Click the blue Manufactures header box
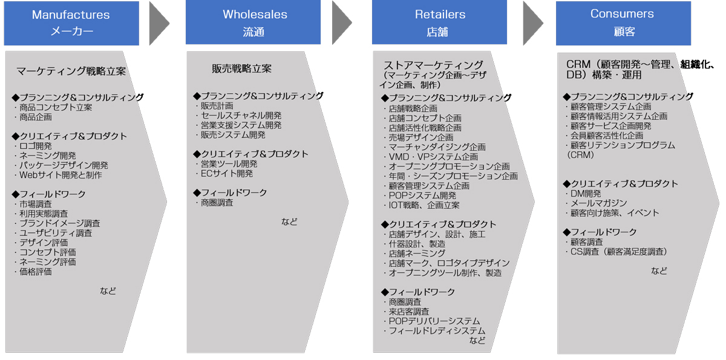[x=71, y=22]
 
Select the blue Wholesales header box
[x=253, y=22]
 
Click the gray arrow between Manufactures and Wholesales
[x=159, y=22]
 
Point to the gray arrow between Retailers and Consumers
[x=533, y=22]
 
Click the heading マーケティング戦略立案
[x=71, y=71]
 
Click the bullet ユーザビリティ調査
[x=54, y=233]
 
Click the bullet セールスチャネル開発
[x=240, y=116]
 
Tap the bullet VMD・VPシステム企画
[x=431, y=157]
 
